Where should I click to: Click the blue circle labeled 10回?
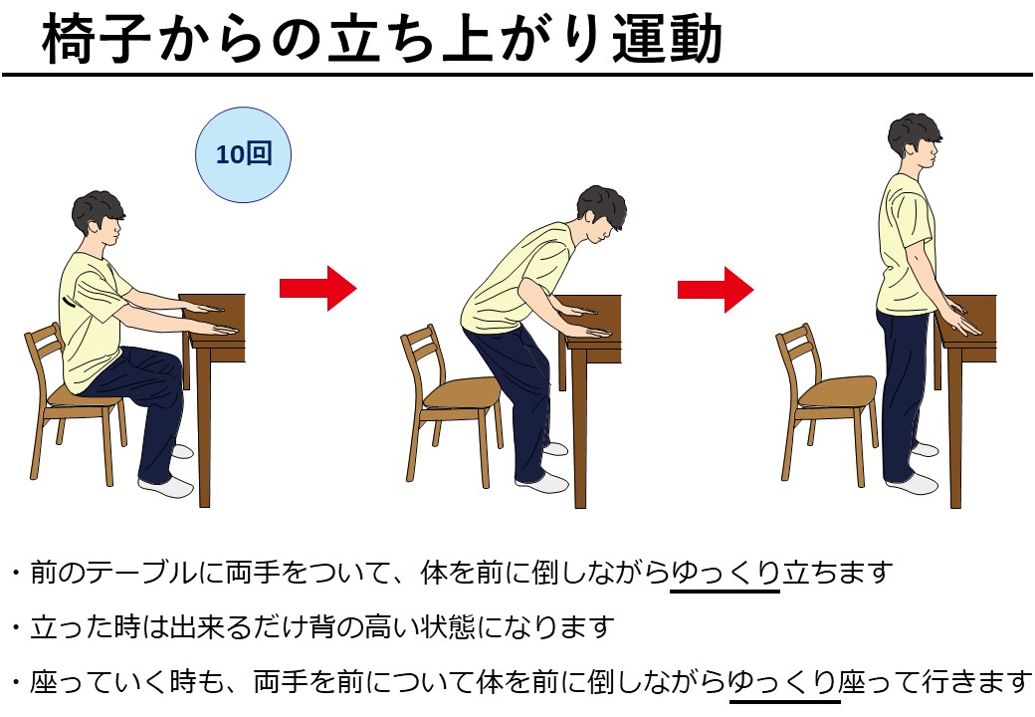pyautogui.click(x=243, y=154)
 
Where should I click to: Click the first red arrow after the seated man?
pyautogui.click(x=318, y=289)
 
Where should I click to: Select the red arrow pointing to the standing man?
pyautogui.click(x=716, y=289)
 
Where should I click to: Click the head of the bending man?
pyautogui.click(x=601, y=212)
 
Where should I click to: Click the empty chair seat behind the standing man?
pyautogui.click(x=837, y=390)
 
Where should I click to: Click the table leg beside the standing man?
pyautogui.click(x=954, y=428)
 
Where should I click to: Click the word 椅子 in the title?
pyautogui.click(x=97, y=39)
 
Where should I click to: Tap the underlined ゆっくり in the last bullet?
pyautogui.click(x=783, y=681)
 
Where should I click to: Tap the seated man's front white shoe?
pyautogui.click(x=166, y=487)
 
